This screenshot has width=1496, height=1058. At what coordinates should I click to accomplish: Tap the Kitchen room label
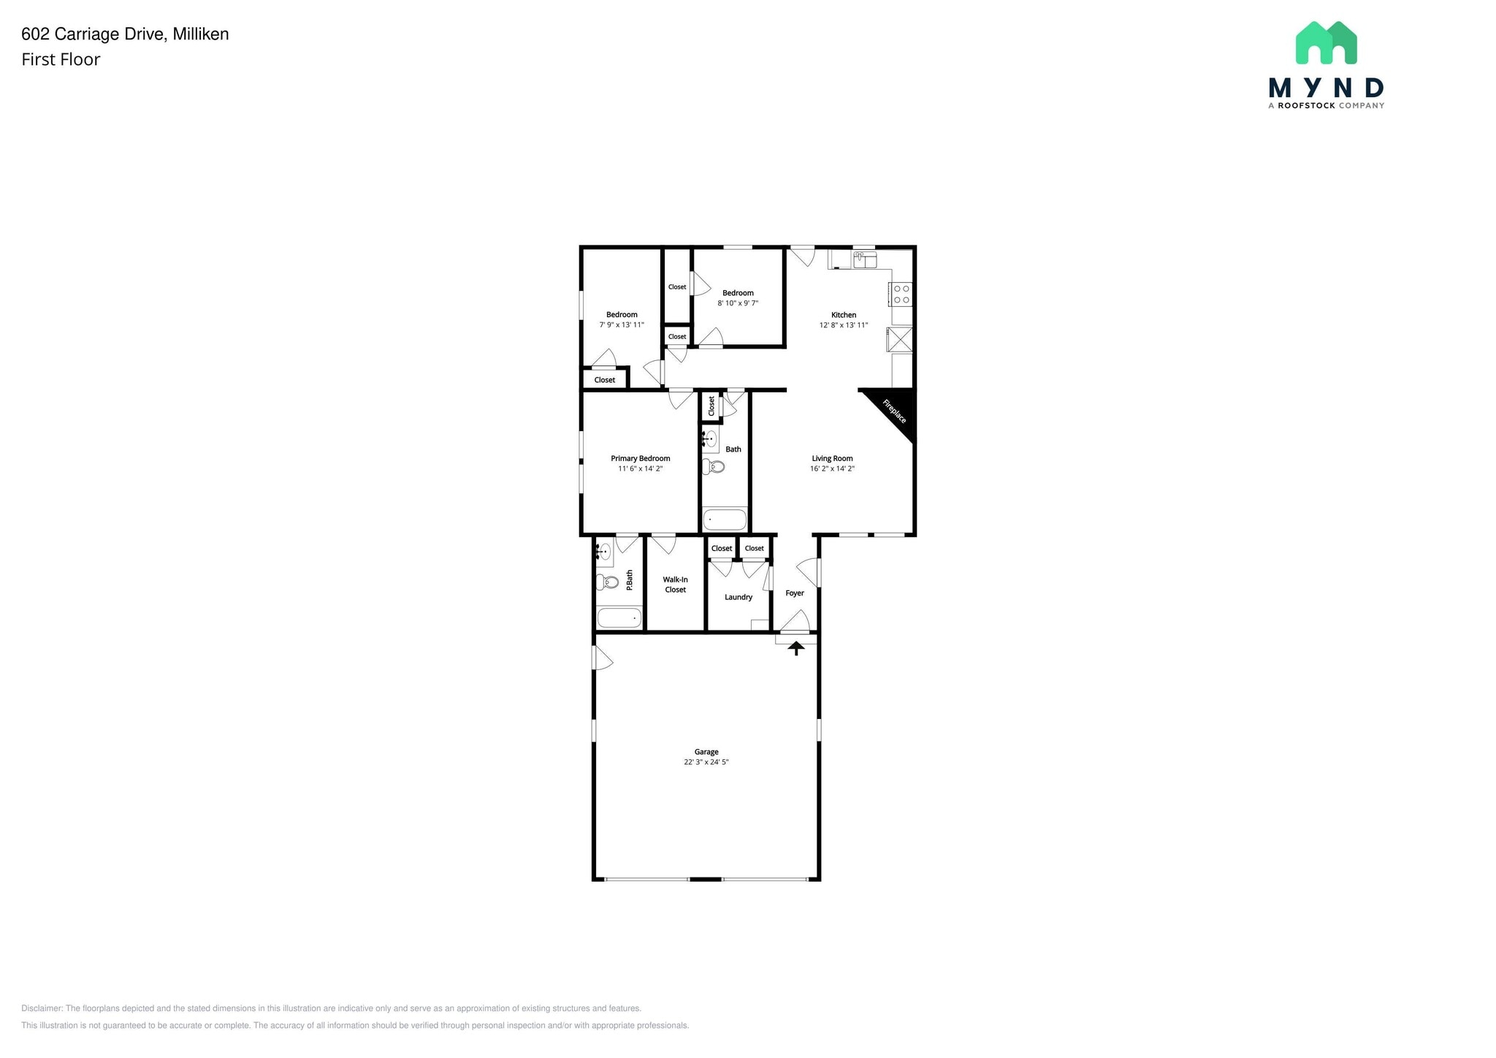click(843, 315)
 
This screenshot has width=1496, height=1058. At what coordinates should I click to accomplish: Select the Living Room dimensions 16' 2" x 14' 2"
click(832, 469)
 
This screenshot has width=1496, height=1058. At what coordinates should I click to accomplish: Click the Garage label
click(706, 752)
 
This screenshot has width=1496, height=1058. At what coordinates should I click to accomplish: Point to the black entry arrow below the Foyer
click(795, 647)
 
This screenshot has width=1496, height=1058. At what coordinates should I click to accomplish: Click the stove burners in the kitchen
click(901, 294)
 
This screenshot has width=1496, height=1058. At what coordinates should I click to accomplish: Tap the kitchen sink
click(865, 259)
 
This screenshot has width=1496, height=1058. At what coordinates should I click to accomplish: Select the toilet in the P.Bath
click(607, 582)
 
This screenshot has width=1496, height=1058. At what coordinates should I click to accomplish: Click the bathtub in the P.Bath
click(619, 618)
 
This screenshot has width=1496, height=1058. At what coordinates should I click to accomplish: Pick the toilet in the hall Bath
click(714, 466)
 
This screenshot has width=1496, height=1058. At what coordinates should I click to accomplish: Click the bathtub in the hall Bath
click(725, 520)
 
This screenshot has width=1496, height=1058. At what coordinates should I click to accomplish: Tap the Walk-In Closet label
click(675, 585)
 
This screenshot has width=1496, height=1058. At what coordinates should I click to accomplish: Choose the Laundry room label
click(738, 597)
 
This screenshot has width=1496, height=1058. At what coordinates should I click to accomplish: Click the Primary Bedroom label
click(640, 459)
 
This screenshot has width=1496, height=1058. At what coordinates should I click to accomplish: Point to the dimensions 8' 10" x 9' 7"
click(738, 303)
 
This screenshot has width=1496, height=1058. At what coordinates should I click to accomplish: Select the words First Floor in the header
click(61, 60)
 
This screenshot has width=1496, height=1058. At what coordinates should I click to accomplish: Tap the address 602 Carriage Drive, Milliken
click(125, 34)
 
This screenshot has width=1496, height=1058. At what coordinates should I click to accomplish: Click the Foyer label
click(794, 593)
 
